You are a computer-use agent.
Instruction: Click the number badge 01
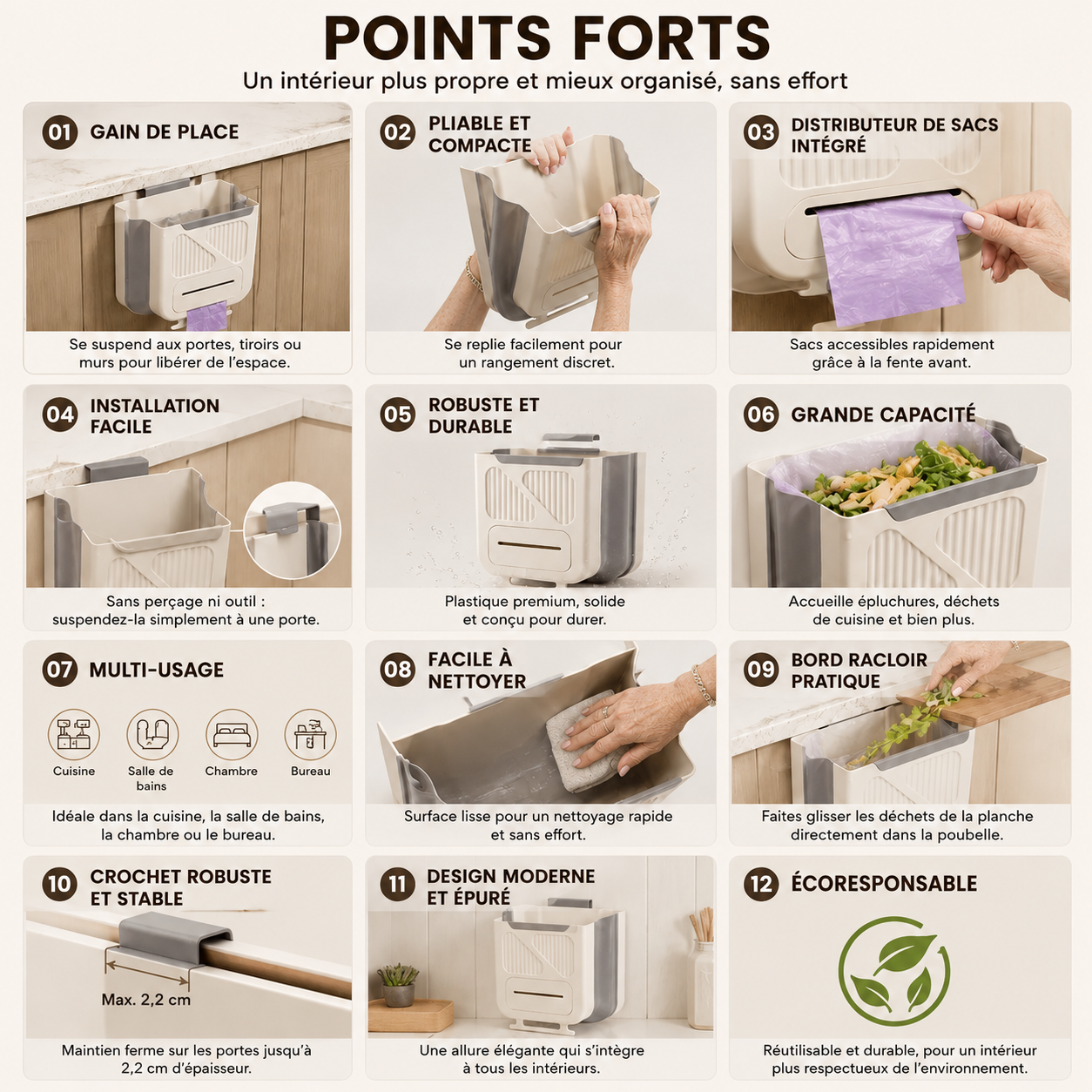click(59, 132)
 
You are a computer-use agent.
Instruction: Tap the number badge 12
click(761, 884)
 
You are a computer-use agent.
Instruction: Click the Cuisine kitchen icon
click(74, 734)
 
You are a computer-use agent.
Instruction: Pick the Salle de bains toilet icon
click(152, 734)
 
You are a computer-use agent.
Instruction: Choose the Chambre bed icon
click(232, 734)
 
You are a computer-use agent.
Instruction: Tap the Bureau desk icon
click(310, 734)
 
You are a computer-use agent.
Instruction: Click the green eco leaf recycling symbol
click(893, 971)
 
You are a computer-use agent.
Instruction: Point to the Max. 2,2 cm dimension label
click(145, 999)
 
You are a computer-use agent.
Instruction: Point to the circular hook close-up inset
click(292, 530)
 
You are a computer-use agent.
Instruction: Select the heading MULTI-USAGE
click(157, 670)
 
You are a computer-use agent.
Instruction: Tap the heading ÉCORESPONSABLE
click(884, 884)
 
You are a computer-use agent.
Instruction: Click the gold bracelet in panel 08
click(704, 684)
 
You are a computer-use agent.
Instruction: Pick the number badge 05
click(397, 415)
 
